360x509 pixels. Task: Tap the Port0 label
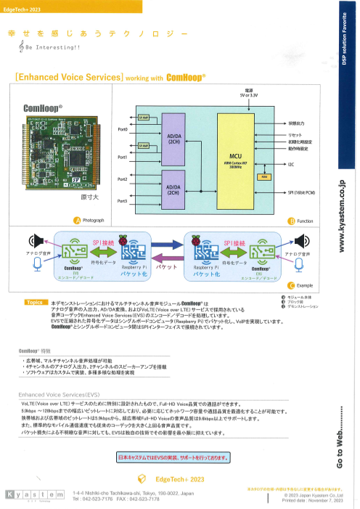122,129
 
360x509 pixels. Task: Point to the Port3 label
122,201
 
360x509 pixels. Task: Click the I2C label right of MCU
290,165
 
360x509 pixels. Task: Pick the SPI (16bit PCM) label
301,192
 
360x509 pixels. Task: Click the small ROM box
265,176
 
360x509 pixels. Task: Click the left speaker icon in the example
33,240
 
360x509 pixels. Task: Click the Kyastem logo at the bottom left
33,495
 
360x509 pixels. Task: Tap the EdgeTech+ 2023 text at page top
24,7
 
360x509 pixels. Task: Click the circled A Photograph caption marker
76,220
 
